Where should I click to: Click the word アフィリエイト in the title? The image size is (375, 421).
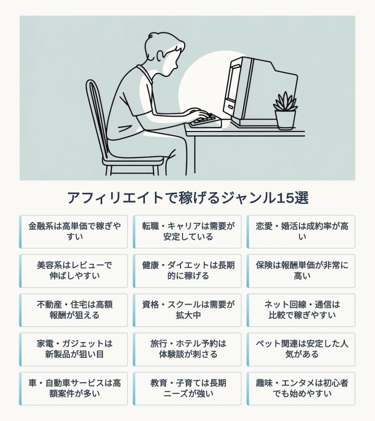115,198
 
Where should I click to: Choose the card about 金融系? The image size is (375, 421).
73,232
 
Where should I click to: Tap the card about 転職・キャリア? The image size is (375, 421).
187,232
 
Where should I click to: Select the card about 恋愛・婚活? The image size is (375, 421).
301,232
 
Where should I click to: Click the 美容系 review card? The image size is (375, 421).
73,271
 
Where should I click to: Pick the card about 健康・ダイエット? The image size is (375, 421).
187,271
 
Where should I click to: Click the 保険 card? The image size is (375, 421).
301,271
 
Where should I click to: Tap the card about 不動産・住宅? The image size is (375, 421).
73,310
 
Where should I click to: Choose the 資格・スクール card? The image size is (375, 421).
187,310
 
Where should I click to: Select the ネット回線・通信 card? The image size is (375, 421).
301,310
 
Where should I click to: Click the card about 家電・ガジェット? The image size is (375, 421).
73,349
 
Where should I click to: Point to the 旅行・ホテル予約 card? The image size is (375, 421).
187,349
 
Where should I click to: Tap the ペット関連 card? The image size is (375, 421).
301,349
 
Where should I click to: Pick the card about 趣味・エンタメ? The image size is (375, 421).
301,389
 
